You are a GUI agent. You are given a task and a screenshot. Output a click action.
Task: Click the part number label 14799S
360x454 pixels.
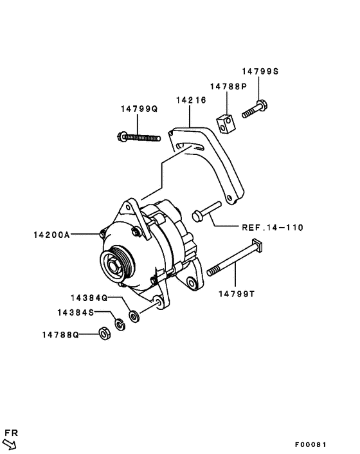[260, 72]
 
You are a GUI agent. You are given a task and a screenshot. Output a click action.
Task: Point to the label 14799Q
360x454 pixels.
[138, 109]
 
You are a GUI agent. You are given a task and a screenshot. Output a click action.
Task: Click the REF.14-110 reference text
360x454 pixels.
[272, 227]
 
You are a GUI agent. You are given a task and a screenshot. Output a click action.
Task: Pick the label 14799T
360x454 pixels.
[237, 294]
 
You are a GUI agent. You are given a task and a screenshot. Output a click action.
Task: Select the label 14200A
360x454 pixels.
[51, 235]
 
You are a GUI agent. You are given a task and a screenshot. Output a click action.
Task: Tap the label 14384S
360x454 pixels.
[74, 312]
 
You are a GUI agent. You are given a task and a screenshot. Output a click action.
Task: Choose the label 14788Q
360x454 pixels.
[60, 334]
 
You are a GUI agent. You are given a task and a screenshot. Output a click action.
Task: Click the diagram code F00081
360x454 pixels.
[311, 444]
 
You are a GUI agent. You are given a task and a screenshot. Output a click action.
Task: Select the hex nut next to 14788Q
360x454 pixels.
[102, 333]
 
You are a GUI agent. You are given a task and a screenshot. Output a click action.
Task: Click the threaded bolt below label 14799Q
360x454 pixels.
[139, 136]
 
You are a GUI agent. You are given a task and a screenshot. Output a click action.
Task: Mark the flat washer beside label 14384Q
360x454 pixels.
[133, 316]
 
